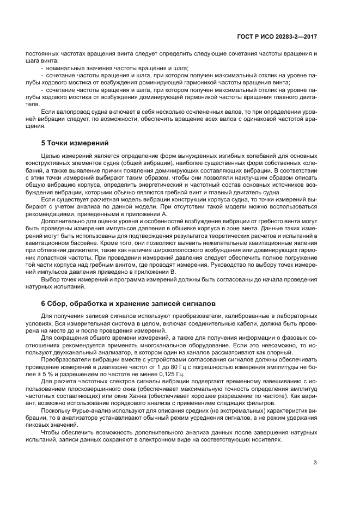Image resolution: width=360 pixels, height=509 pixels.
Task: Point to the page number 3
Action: point(315,464)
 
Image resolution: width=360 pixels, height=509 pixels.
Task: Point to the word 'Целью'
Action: point(51,156)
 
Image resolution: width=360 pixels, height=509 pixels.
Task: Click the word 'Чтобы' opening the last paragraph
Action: point(51,433)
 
